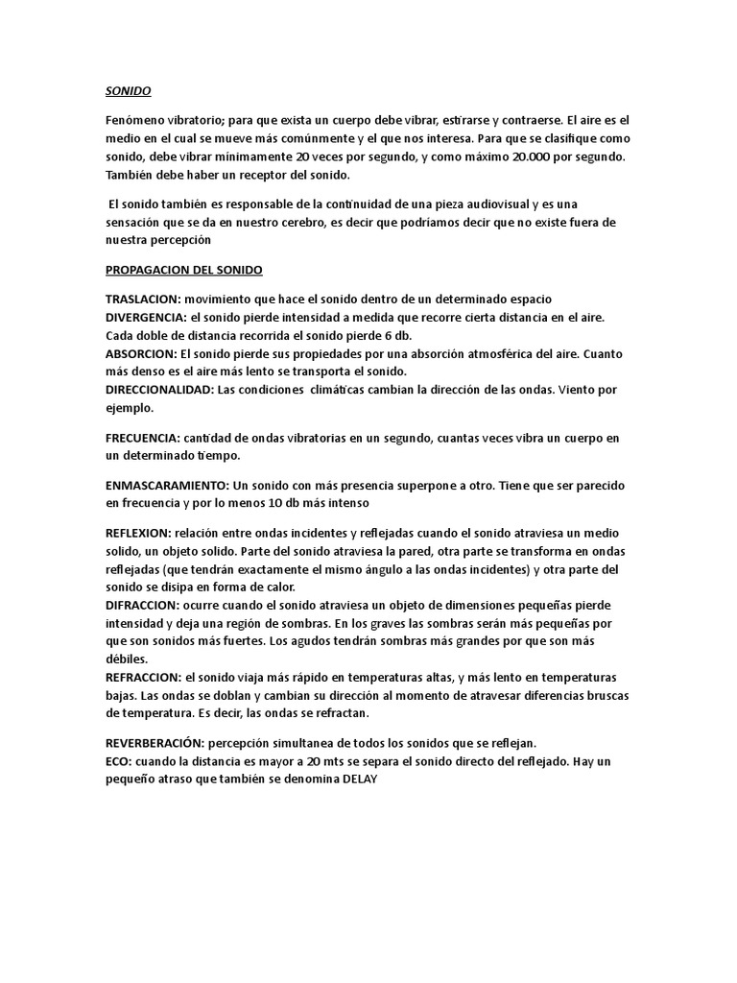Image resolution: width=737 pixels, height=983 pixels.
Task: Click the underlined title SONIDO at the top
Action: point(128,92)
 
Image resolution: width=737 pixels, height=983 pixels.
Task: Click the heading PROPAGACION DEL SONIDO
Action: point(183,270)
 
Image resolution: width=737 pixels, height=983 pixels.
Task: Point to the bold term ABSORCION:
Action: point(140,353)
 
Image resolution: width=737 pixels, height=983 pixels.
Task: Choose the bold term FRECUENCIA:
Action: point(142,438)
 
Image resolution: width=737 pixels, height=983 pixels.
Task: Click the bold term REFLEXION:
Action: point(137,533)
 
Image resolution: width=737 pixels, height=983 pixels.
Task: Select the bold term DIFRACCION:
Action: point(142,606)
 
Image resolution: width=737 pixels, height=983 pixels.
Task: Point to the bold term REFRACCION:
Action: point(143,678)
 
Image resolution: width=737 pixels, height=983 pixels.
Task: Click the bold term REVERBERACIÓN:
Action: point(155,744)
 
